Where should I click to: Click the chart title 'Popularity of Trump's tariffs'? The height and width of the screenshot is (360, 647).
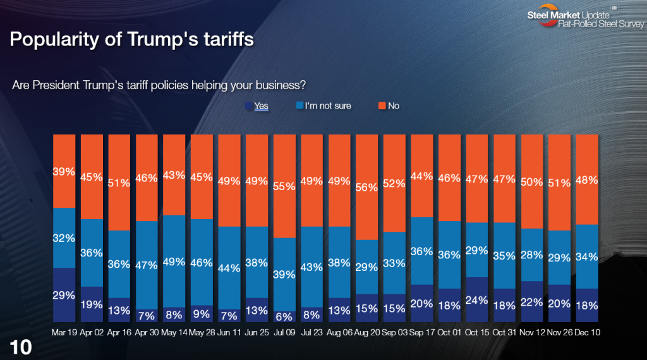(x=132, y=40)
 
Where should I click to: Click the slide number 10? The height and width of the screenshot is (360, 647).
(x=20, y=346)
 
